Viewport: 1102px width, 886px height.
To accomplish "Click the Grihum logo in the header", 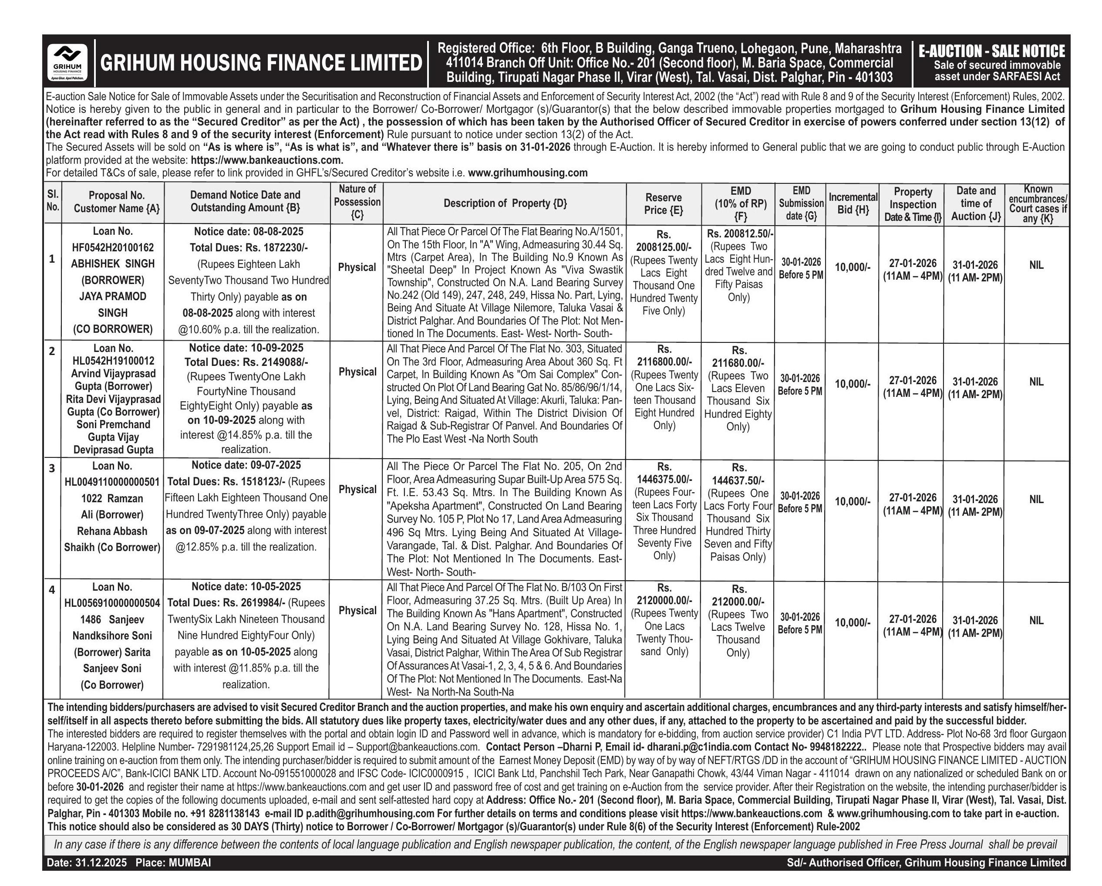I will pyautogui.click(x=67, y=62).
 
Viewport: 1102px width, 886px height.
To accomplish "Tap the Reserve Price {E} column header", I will pyautogui.click(x=664, y=203).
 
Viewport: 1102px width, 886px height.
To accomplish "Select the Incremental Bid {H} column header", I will pyautogui.click(x=853, y=203).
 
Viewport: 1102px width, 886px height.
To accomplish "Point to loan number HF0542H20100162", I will pyautogui.click(x=112, y=247).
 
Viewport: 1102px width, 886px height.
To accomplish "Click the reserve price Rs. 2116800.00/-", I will pyautogui.click(x=664, y=362).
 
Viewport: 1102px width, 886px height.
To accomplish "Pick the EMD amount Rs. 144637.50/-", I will pyautogui.click(x=738, y=480).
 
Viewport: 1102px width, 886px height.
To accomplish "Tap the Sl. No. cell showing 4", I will pyautogui.click(x=52, y=589).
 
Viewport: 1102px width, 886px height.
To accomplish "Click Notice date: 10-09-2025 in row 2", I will pyautogui.click(x=246, y=348).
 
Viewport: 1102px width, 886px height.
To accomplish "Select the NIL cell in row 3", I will pyautogui.click(x=1036, y=499).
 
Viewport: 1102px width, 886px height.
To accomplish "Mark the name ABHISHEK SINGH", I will pyautogui.click(x=112, y=264).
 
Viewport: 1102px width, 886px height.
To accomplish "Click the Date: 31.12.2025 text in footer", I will pyautogui.click(x=87, y=863).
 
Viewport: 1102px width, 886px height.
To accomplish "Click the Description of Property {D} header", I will pyautogui.click(x=505, y=203).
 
